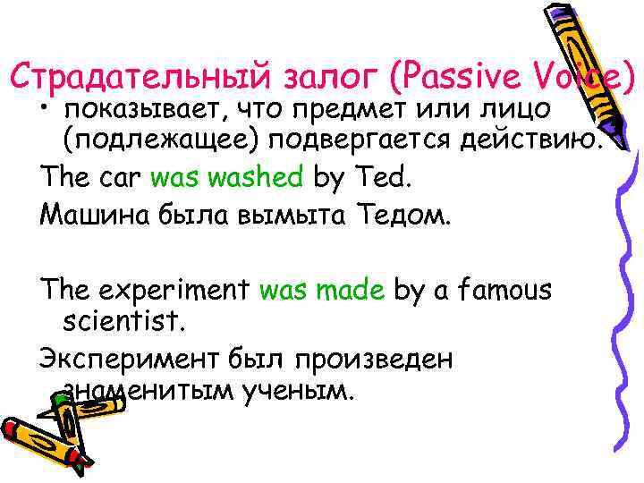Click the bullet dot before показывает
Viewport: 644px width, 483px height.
46,111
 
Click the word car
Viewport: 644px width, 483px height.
117,177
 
